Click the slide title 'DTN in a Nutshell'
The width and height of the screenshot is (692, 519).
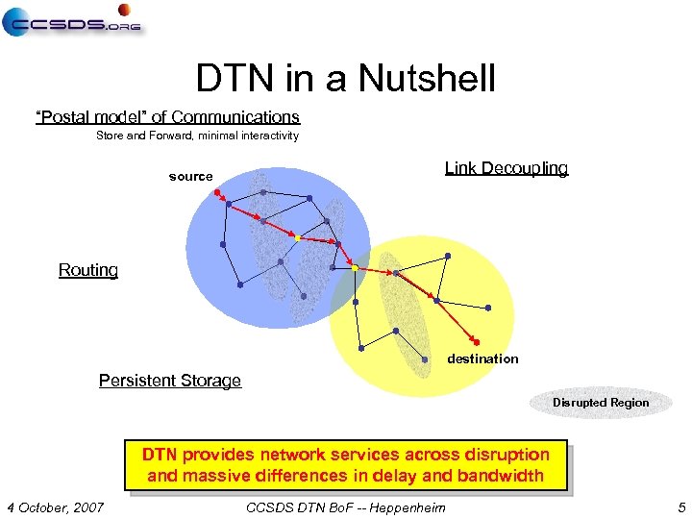point(345,79)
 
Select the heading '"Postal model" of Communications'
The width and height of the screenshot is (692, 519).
point(167,117)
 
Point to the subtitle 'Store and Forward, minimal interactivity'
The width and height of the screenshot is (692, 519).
point(197,136)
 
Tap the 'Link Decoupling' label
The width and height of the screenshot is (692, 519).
point(506,168)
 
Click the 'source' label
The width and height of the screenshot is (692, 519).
point(190,177)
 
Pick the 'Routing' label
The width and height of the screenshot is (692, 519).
point(88,270)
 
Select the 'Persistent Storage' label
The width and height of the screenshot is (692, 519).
point(170,381)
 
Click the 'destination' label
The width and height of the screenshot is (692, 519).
point(482,358)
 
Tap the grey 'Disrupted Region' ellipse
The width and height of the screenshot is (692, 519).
point(601,403)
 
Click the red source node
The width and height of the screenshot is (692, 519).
point(216,192)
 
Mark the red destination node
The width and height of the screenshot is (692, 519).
point(477,342)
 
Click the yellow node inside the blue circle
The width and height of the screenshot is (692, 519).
point(299,237)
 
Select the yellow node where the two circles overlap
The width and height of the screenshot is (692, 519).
point(355,268)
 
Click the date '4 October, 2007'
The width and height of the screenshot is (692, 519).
point(55,507)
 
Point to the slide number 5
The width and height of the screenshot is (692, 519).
point(680,507)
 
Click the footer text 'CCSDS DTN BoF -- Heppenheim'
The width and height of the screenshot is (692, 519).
point(346,507)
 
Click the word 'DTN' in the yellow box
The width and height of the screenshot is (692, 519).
point(160,455)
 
